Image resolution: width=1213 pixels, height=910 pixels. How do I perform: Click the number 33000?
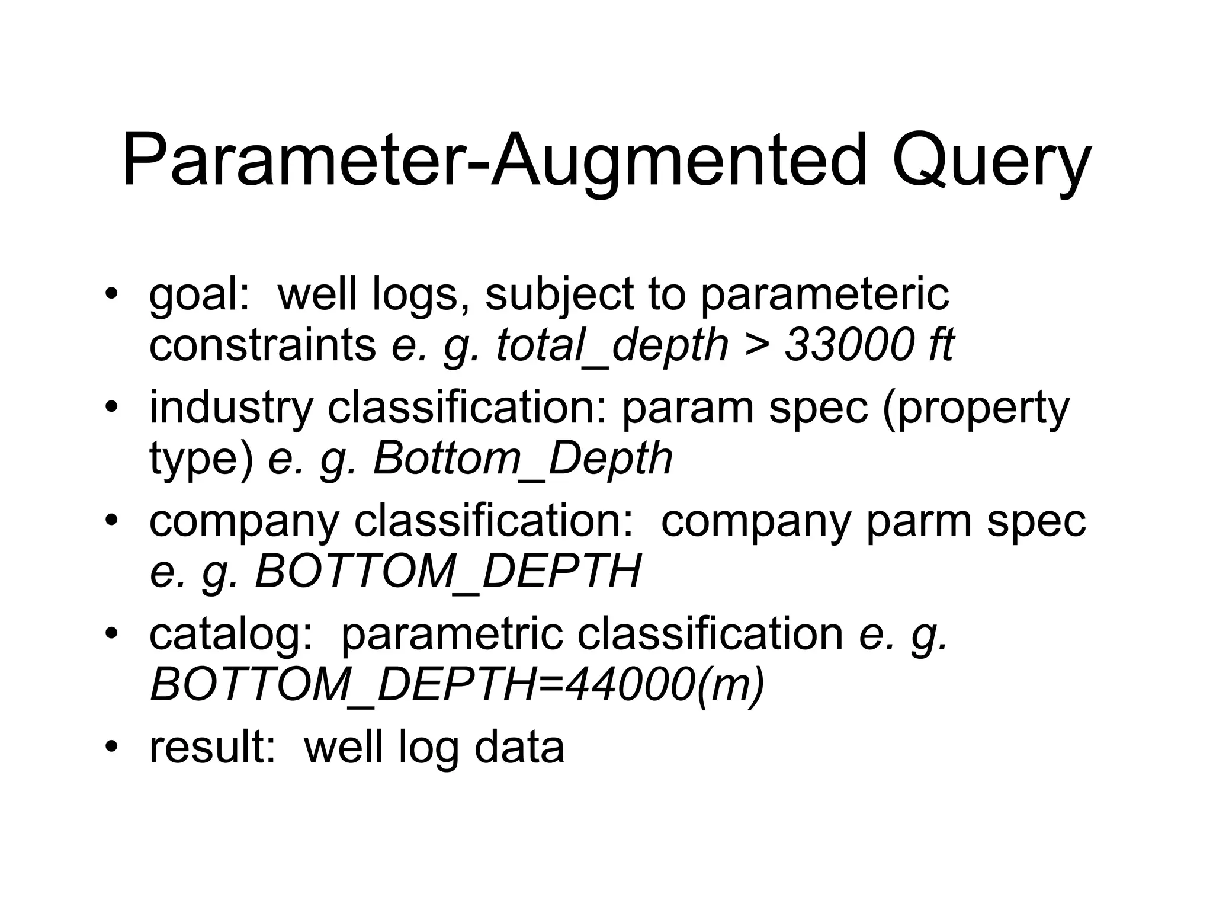(850, 345)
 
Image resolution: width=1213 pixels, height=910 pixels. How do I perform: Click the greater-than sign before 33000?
(756, 345)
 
